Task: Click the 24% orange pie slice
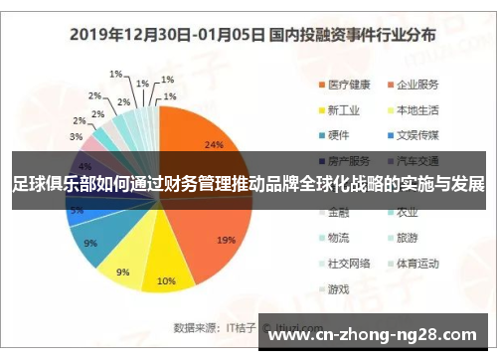point(199,139)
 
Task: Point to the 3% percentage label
point(76,136)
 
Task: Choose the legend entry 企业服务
point(418,84)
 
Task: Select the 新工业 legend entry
point(344,109)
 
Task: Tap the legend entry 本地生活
point(418,109)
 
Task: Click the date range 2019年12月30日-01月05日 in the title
point(166,34)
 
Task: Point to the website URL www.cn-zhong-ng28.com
point(378,333)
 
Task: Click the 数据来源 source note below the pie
point(194,325)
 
